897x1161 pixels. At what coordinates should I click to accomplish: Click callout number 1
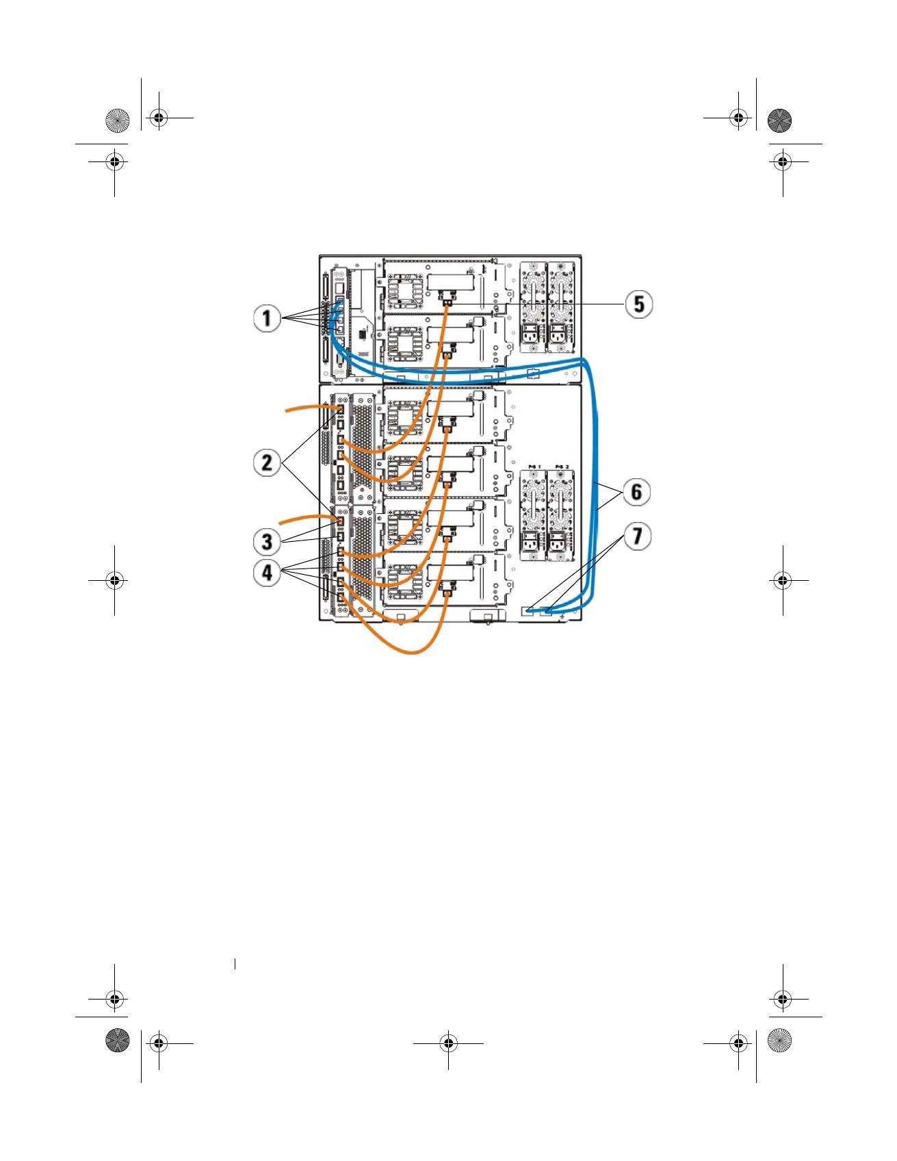pos(267,318)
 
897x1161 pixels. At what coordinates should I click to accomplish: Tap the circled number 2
pos(267,462)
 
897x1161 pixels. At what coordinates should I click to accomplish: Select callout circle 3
pos(267,542)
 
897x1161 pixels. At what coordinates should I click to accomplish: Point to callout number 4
pos(267,572)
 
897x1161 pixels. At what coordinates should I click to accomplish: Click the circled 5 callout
pos(638,304)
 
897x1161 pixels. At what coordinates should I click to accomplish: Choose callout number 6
pos(636,492)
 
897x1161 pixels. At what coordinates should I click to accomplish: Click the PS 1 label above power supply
pos(534,467)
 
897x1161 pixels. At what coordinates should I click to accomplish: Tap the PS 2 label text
pos(562,467)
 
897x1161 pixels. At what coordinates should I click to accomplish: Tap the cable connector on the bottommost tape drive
pos(447,586)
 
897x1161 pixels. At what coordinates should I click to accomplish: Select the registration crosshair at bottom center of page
pos(448,1043)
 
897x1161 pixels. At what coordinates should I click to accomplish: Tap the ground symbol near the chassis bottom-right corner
pos(562,619)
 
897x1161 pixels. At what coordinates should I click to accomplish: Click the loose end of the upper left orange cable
pos(287,410)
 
